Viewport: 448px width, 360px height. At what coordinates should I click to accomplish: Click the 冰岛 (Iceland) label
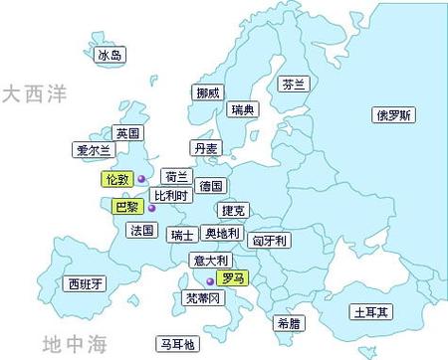109,57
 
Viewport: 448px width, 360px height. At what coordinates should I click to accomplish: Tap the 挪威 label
208,92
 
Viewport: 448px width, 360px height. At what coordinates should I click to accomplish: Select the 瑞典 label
241,109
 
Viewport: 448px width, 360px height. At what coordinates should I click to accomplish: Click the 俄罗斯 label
393,114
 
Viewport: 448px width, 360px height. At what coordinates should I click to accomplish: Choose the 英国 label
127,132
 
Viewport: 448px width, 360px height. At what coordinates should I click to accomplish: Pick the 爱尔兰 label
95,151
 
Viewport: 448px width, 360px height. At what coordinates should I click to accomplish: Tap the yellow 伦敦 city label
116,179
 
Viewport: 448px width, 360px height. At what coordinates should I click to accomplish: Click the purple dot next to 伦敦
140,179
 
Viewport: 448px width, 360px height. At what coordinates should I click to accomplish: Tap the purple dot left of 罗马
209,281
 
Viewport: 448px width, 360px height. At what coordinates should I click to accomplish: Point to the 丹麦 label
206,148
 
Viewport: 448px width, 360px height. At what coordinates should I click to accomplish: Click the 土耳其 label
371,312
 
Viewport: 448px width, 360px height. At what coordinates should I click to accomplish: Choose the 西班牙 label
83,284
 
